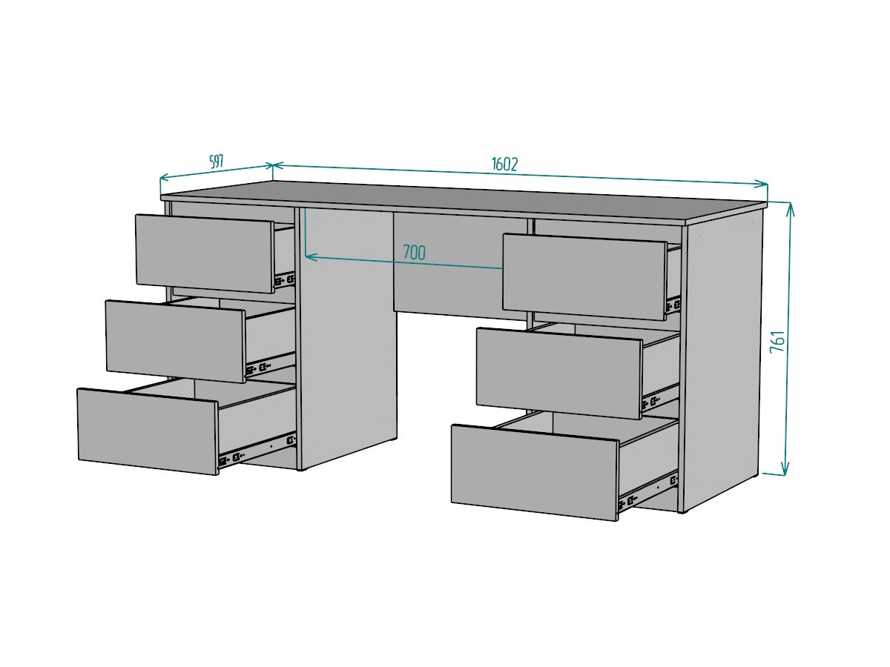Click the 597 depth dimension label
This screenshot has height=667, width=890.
pyautogui.click(x=217, y=162)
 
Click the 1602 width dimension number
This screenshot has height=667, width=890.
pyautogui.click(x=504, y=165)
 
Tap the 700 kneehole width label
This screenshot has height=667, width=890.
pyautogui.click(x=414, y=252)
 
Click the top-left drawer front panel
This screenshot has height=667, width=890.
pyautogui.click(x=205, y=253)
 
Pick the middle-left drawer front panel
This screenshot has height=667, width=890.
pyautogui.click(x=176, y=342)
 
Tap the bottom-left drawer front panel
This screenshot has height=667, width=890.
pyautogui.click(x=148, y=431)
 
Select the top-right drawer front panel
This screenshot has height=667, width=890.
pyautogui.click(x=584, y=277)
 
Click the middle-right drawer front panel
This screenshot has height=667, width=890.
pyautogui.click(x=559, y=374)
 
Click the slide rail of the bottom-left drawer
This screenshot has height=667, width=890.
pyautogui.click(x=257, y=451)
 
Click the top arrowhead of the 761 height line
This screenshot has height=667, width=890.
pyautogui.click(x=791, y=210)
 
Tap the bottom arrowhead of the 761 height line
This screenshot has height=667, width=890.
pyautogui.click(x=785, y=468)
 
